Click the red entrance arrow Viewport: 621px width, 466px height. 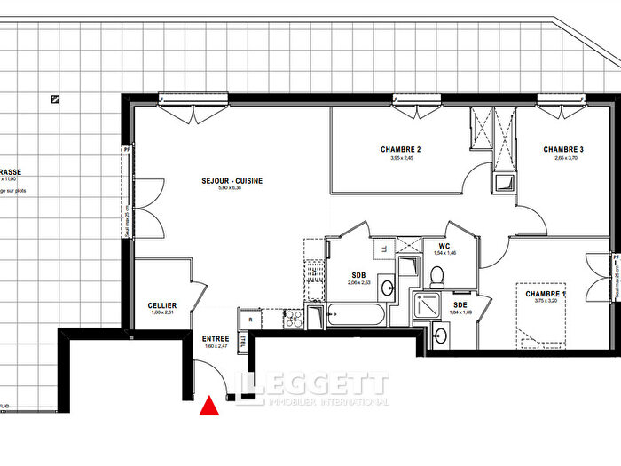point(208,407)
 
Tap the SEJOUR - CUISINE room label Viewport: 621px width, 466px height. point(230,181)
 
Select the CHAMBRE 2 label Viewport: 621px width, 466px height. point(400,149)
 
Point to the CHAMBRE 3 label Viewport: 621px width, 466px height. point(563,149)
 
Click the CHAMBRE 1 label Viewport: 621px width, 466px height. point(545,294)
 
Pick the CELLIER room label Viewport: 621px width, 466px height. point(162,305)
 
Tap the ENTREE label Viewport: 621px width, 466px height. point(216,338)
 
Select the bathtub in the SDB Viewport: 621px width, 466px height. point(356,314)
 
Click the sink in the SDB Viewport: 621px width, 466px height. point(388,286)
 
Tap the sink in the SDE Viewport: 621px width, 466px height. point(441,335)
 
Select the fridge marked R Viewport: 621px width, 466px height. point(250,319)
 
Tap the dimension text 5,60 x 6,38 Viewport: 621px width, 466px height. point(230,188)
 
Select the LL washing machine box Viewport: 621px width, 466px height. point(382,248)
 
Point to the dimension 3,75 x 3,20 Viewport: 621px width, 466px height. point(545,301)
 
